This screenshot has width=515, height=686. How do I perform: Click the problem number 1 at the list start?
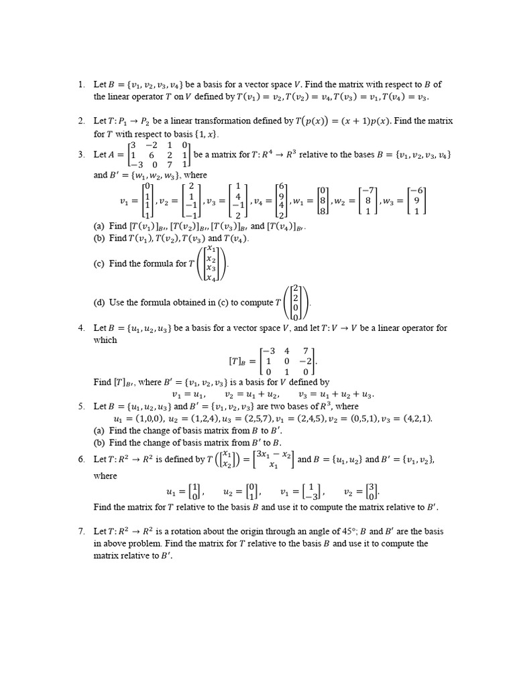(80, 84)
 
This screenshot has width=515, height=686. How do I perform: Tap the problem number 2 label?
(80, 121)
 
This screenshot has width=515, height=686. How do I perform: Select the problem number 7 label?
(80, 531)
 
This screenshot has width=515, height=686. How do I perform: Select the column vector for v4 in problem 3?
(282, 200)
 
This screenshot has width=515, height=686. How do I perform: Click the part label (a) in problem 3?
(100, 227)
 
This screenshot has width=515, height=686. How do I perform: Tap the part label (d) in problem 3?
(100, 303)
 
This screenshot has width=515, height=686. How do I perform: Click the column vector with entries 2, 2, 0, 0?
(295, 303)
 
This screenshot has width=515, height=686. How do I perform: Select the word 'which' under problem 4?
(105, 340)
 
